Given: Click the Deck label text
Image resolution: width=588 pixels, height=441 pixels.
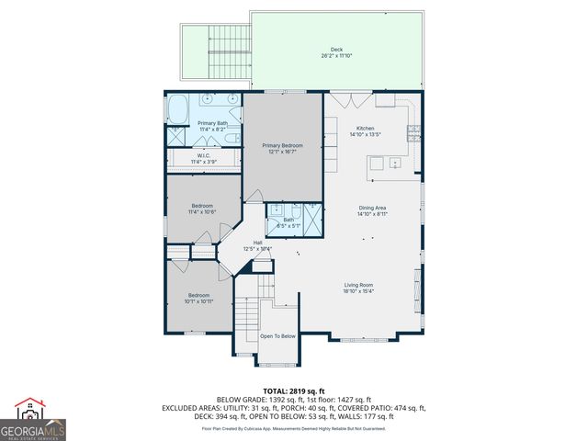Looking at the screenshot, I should pyautogui.click(x=336, y=50).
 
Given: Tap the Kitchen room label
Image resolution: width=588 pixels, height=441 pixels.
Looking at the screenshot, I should pyautogui.click(x=365, y=129).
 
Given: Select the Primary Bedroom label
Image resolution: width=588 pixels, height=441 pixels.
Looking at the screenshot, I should pyautogui.click(x=282, y=145).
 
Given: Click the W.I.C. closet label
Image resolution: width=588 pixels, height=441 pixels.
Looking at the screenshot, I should pyautogui.click(x=204, y=155).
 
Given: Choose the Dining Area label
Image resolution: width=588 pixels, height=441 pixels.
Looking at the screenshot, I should pyautogui.click(x=373, y=208).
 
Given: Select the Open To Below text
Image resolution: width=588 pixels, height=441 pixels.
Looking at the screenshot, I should pyautogui.click(x=277, y=336).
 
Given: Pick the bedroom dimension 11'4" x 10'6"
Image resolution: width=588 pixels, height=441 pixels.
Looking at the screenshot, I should pyautogui.click(x=202, y=212).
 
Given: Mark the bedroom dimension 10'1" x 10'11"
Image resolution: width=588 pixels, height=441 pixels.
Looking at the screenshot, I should pyautogui.click(x=199, y=301).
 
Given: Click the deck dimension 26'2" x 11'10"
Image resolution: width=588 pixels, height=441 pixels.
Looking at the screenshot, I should pyautogui.click(x=336, y=57).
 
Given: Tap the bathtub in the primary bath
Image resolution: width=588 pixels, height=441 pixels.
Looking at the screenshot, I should pyautogui.click(x=176, y=109).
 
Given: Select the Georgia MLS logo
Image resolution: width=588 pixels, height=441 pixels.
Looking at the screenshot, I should pyautogui.click(x=33, y=420).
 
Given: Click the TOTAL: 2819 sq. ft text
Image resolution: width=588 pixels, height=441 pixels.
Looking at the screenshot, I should pyautogui.click(x=293, y=391).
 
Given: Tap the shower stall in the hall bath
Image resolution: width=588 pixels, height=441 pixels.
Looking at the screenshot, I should pyautogui.click(x=311, y=217).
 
